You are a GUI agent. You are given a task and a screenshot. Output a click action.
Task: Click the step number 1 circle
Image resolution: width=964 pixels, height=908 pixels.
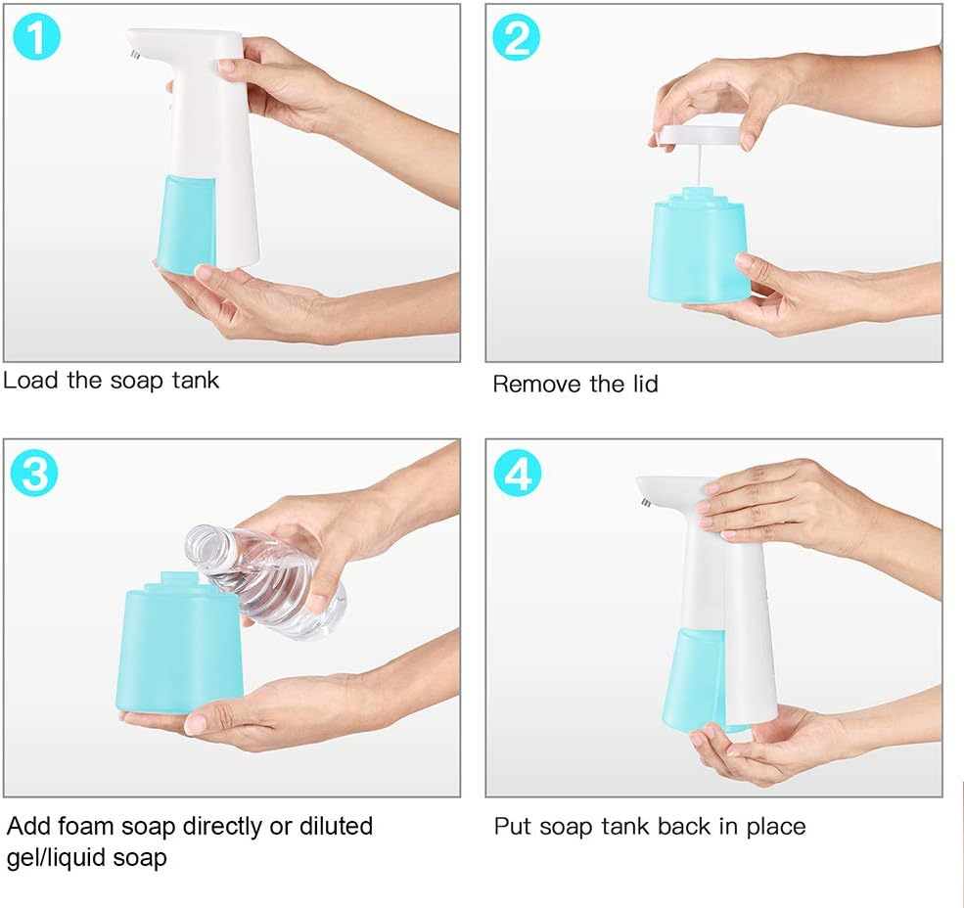click(36, 38)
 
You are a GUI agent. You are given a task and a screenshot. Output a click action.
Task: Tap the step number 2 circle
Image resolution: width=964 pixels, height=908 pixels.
click(518, 38)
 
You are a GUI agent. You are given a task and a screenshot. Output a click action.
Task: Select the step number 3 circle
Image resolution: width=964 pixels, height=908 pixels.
click(36, 474)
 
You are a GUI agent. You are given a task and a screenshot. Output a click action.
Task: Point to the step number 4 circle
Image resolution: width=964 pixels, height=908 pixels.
click(518, 474)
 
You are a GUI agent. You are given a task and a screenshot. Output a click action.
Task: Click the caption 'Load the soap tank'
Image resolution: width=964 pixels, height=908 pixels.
click(111, 380)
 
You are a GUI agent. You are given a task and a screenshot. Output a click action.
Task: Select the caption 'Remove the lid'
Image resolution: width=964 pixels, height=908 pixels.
click(574, 384)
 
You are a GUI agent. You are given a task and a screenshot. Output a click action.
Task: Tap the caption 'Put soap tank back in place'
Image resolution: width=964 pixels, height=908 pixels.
click(649, 826)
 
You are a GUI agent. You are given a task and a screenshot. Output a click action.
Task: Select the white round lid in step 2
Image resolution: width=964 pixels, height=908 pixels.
click(699, 132)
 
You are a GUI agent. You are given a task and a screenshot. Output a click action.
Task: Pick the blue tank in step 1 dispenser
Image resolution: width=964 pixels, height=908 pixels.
click(186, 223)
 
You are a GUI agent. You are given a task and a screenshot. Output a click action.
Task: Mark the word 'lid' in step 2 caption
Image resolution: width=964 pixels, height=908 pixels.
click(641, 384)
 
